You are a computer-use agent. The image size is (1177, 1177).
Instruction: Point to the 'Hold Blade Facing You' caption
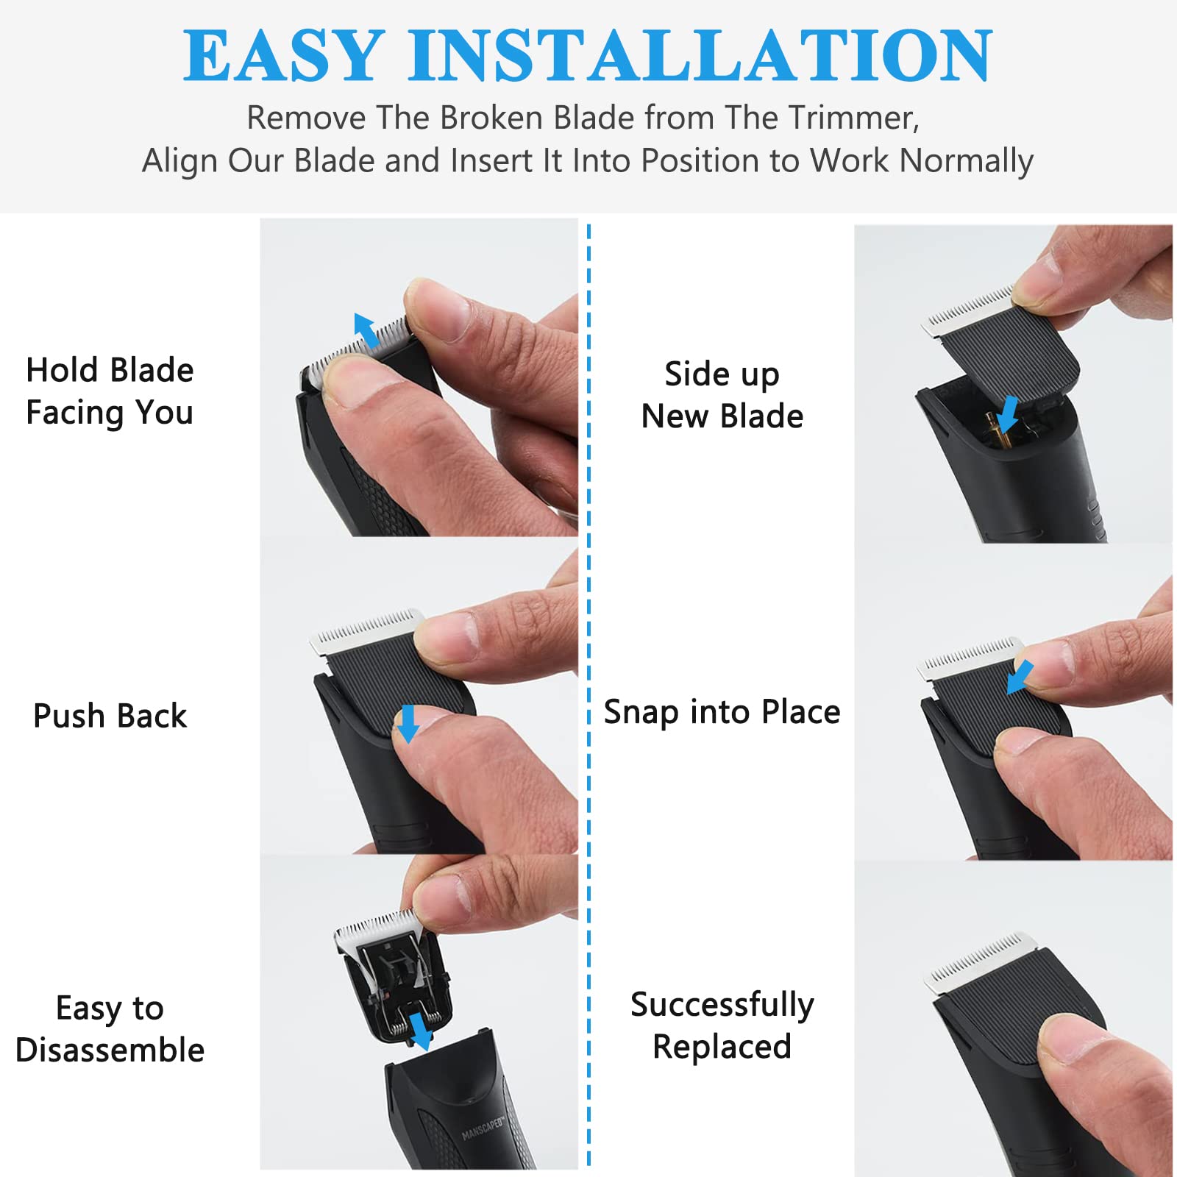(x=110, y=391)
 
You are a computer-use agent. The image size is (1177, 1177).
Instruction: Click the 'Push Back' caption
(x=110, y=716)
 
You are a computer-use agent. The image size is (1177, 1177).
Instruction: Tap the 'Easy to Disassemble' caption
(x=110, y=1029)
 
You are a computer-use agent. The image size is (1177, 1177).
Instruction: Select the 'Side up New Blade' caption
(x=722, y=395)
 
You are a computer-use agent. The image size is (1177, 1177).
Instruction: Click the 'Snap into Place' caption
(x=722, y=712)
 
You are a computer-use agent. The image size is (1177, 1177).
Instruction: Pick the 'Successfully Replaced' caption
(x=722, y=1025)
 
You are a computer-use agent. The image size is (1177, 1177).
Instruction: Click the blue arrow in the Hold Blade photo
(x=366, y=330)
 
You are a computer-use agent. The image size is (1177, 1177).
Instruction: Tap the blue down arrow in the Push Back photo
(x=407, y=724)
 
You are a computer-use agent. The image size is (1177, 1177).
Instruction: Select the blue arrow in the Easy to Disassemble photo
(x=421, y=1031)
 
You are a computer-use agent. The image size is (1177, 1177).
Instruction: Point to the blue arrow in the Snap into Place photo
(x=1020, y=677)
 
